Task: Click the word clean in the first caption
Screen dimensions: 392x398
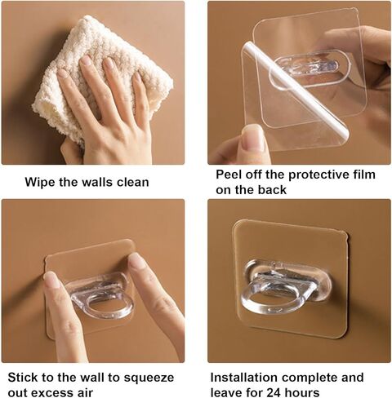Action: [x=133, y=182]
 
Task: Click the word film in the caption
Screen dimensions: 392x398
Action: [x=363, y=175]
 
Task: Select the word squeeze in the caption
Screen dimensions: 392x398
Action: [x=149, y=378]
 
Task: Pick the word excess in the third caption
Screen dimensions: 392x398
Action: [x=47, y=393]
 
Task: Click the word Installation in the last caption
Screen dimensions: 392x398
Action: [x=244, y=378]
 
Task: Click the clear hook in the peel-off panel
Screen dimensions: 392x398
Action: [x=309, y=66]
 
